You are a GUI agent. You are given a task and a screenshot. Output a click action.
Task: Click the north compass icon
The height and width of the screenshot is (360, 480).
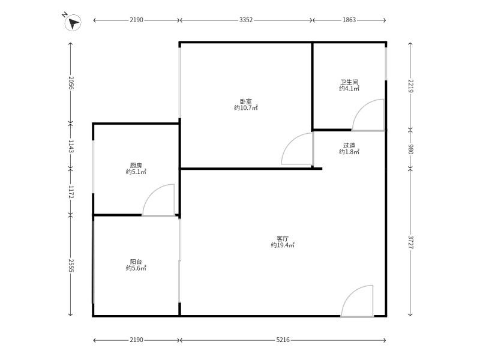click(73, 23)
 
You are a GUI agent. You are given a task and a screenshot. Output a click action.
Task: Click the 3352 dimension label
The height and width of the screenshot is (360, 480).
click(246, 20)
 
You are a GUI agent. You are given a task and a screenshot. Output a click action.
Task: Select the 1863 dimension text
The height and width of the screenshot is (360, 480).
click(349, 20)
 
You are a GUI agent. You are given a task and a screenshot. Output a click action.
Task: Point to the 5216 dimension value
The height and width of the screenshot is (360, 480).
click(283, 340)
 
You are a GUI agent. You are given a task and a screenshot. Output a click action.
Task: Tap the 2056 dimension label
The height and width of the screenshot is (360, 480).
click(71, 83)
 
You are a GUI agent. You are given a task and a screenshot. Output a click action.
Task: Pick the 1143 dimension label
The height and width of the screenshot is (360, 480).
click(71, 146)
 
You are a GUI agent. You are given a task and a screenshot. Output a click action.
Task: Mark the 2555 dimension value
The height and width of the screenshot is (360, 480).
click(71, 264)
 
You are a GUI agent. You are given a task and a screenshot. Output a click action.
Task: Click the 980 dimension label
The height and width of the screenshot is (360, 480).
click(410, 149)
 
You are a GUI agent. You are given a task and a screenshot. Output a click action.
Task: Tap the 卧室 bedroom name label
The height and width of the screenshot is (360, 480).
click(245, 101)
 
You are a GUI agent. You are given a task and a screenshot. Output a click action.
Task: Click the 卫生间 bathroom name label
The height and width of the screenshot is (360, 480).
click(349, 82)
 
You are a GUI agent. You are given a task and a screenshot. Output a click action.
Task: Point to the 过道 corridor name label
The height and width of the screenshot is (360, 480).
click(349, 145)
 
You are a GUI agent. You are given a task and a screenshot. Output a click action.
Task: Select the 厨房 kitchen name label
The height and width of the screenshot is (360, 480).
click(136, 165)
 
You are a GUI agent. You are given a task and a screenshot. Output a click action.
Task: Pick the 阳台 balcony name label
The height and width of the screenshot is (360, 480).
click(136, 262)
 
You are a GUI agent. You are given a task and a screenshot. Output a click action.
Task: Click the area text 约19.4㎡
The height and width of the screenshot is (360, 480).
click(283, 245)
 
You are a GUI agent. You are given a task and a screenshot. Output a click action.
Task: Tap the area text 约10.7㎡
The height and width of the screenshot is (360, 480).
click(245, 108)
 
